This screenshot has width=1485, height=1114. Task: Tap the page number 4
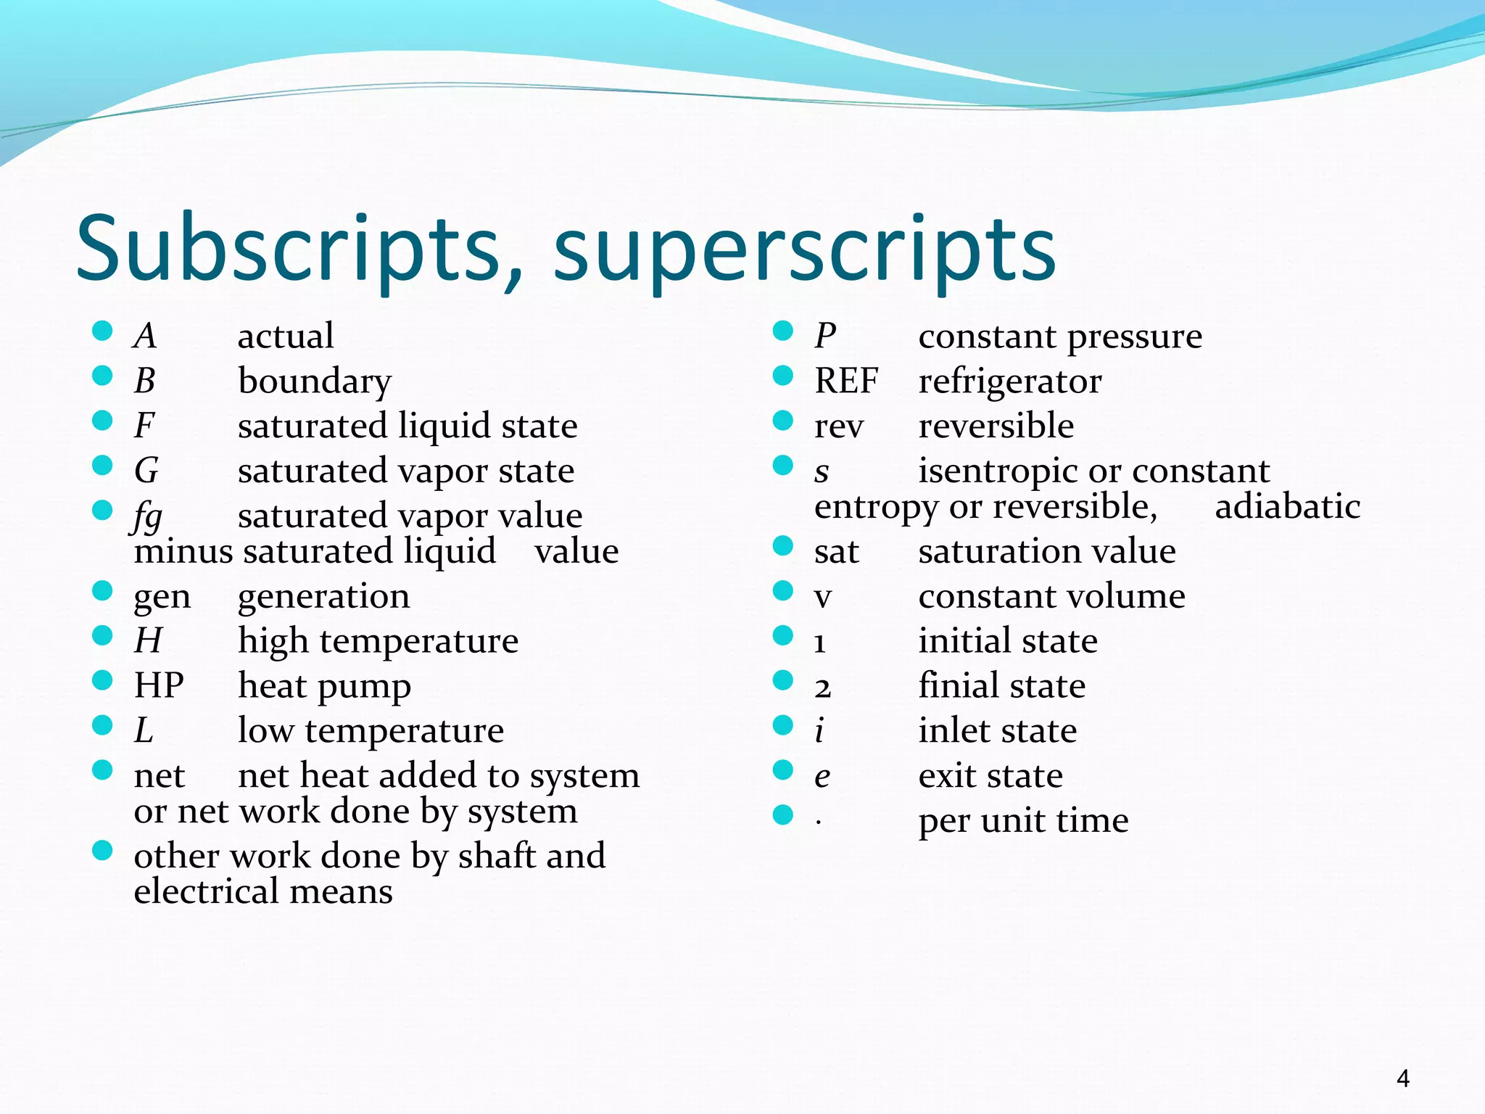[x=1403, y=1078]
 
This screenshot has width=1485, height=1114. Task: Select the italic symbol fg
[x=148, y=517]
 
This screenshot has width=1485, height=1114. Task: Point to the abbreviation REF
[x=845, y=381]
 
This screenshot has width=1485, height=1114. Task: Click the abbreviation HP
[x=159, y=685]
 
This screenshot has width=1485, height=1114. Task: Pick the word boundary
[x=315, y=381]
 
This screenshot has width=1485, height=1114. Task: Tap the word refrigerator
[x=1009, y=381]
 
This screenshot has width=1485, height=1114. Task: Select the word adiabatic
[x=1287, y=506]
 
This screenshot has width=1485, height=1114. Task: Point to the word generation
[x=323, y=598]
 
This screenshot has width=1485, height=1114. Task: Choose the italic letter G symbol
[x=146, y=471]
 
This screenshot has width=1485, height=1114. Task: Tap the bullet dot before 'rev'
[x=783, y=421]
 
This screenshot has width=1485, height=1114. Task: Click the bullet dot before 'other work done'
[x=102, y=850]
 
